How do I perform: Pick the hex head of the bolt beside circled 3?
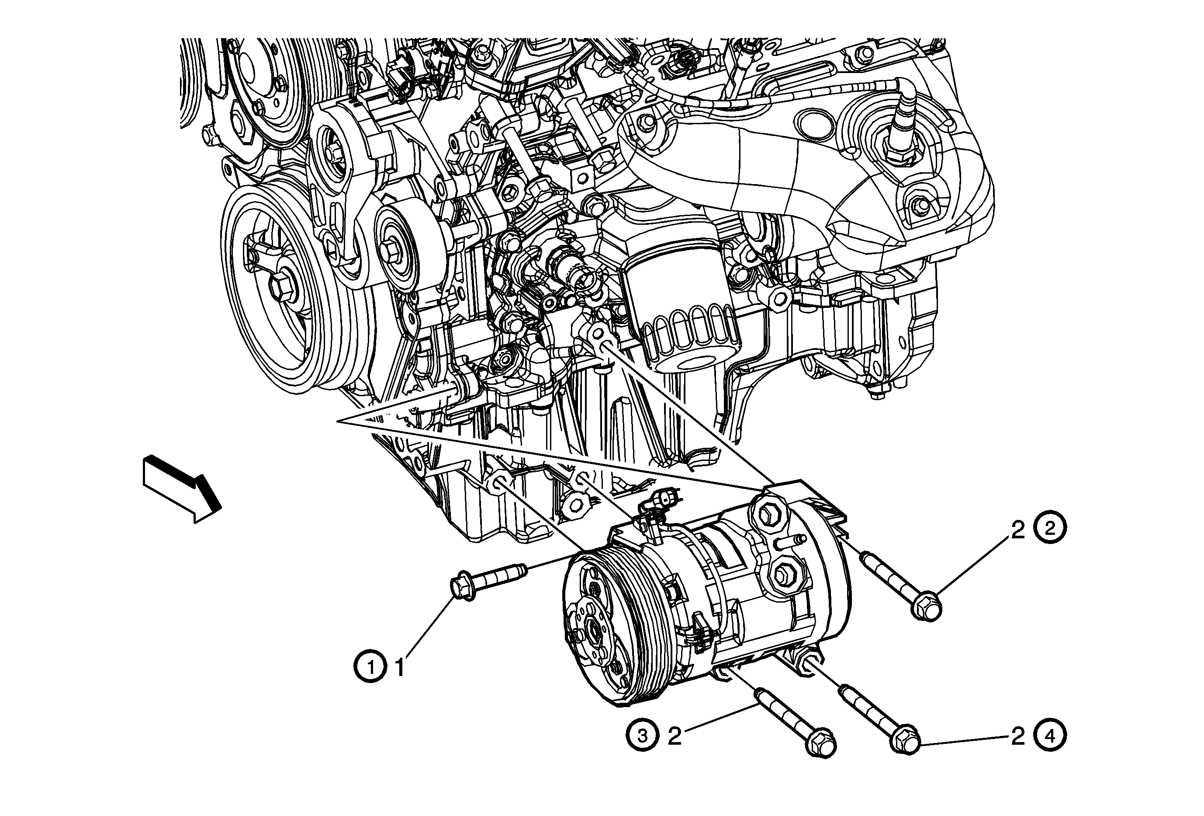point(820,746)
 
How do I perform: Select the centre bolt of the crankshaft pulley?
point(282,288)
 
